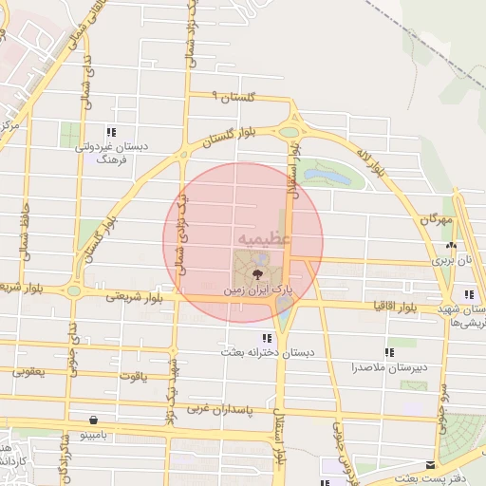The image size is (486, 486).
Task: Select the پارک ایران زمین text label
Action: (254, 288)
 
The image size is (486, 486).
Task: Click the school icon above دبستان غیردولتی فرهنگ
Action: (112, 133)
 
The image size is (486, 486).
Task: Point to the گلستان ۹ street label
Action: (231, 96)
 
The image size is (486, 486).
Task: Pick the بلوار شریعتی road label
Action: (132, 296)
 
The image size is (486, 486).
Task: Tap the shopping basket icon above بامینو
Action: (93, 419)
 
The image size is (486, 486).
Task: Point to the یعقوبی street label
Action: (28, 372)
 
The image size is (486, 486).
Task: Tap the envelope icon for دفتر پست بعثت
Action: (432, 465)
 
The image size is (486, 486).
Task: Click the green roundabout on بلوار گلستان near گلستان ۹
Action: (289, 133)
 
